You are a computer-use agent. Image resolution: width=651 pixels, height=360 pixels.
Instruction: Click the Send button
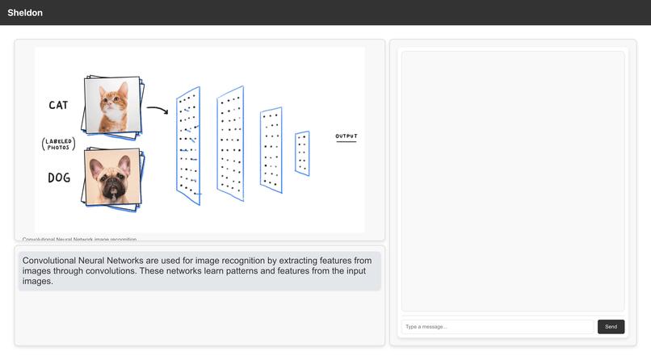pyautogui.click(x=611, y=327)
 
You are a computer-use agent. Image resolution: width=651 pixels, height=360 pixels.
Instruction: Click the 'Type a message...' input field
pyautogui.click(x=497, y=327)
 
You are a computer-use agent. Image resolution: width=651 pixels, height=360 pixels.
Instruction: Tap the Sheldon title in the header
pyautogui.click(x=25, y=13)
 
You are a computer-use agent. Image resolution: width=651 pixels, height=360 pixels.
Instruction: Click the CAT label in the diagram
pyautogui.click(x=58, y=105)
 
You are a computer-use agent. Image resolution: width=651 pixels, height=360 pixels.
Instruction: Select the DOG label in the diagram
pyautogui.click(x=58, y=178)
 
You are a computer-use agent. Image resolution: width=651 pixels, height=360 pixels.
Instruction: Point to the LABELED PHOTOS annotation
pyautogui.click(x=58, y=144)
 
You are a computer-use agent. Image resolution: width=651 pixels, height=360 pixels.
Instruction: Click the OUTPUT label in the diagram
pyautogui.click(x=346, y=136)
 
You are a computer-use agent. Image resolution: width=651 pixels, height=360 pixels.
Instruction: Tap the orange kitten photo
pyautogui.click(x=113, y=105)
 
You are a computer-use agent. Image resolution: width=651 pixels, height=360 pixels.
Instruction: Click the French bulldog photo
pyautogui.click(x=113, y=179)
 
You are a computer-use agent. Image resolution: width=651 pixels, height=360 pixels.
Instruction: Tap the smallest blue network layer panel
pyautogui.click(x=302, y=153)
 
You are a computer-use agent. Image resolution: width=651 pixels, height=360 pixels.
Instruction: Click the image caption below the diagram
pyautogui.click(x=79, y=239)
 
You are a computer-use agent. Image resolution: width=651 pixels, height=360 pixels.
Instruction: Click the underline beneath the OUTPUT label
pyautogui.click(x=346, y=143)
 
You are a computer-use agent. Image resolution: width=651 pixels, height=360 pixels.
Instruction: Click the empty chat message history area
pyautogui.click(x=513, y=181)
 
